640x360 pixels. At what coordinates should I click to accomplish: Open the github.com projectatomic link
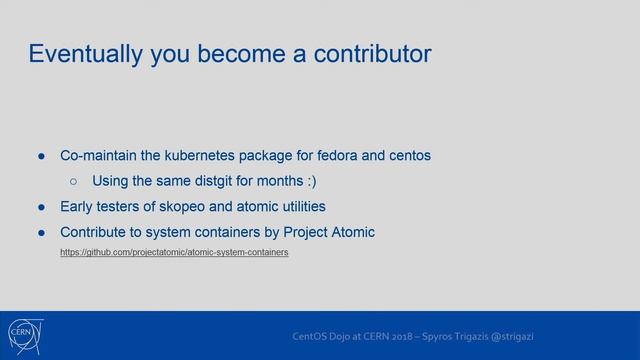pos(174,253)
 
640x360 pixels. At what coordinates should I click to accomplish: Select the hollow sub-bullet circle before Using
pos(74,182)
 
